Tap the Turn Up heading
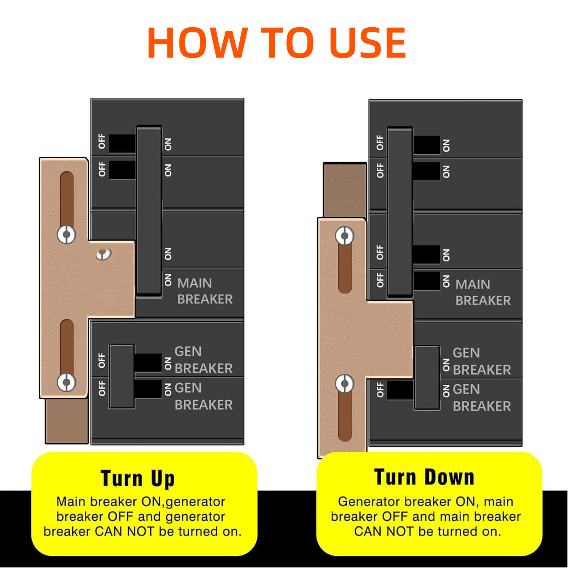point(138,478)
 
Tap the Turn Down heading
point(424,477)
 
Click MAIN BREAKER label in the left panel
point(205,291)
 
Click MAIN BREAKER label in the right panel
point(483,292)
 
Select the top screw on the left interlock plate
point(67,235)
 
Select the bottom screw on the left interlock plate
point(67,382)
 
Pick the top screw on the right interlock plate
point(345,236)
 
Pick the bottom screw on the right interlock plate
point(345,384)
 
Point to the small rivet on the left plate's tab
point(103,253)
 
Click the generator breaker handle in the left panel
point(122,376)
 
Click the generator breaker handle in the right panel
point(427,378)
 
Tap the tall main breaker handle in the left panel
point(149,210)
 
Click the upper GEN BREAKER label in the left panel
point(203,360)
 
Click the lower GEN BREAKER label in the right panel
point(482,398)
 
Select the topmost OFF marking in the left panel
point(102,141)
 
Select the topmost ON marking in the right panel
point(446,145)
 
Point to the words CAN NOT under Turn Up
point(125,531)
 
